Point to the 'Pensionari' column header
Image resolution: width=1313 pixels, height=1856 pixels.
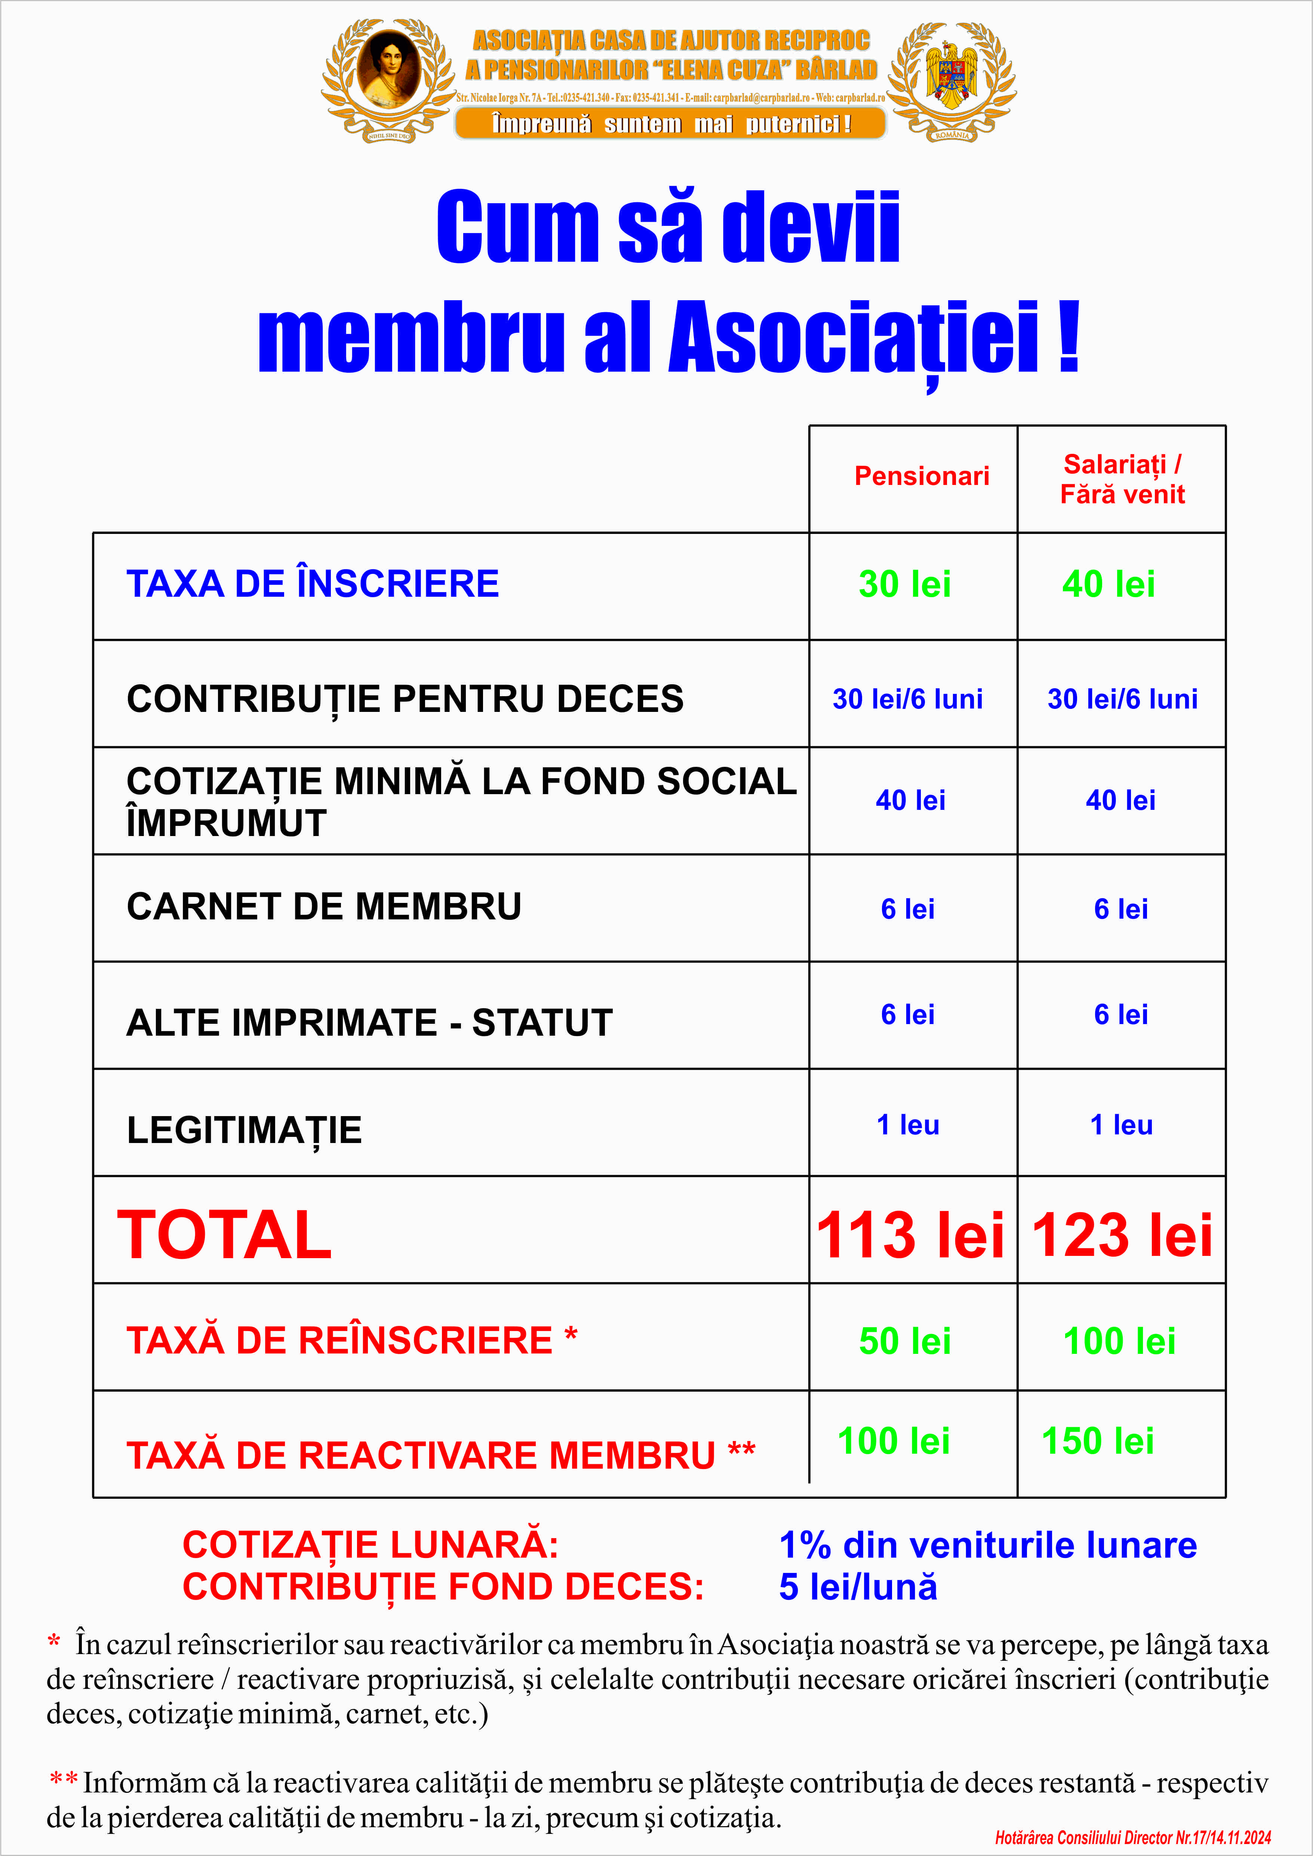(x=922, y=476)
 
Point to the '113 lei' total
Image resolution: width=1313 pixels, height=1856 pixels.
(x=910, y=1235)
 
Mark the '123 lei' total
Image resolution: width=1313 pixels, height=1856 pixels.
(x=1122, y=1235)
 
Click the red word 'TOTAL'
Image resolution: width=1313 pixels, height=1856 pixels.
(x=225, y=1235)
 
